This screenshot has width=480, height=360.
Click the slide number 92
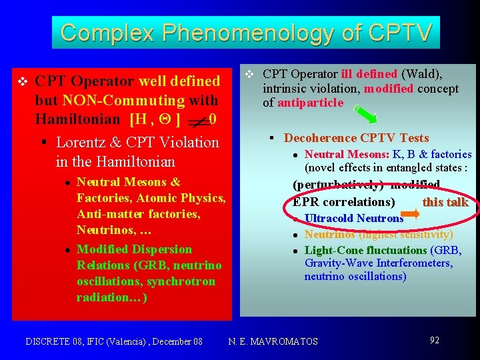click(x=434, y=341)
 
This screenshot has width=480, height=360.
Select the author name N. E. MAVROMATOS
click(x=273, y=341)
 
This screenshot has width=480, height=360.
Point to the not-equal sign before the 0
click(x=197, y=121)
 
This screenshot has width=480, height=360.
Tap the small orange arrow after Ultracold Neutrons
click(x=412, y=214)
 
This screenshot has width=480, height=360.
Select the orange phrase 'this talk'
click(x=445, y=202)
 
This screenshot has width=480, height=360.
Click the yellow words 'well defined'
click(x=179, y=81)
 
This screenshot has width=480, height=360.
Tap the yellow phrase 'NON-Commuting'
click(x=123, y=101)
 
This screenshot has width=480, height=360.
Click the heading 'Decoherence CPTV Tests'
click(x=356, y=138)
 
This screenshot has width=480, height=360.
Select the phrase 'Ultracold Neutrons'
click(x=353, y=218)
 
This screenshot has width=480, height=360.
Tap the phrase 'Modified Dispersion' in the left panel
click(x=134, y=249)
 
